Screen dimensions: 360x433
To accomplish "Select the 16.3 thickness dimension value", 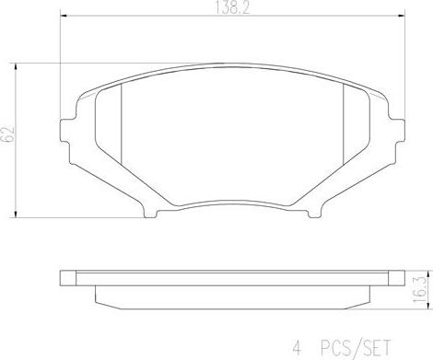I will point(419,285).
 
